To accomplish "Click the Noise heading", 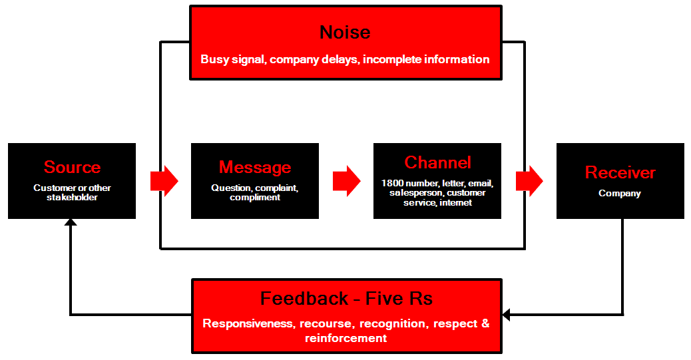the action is (x=345, y=32).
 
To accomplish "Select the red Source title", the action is (x=73, y=168).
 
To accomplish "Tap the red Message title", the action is (x=255, y=168).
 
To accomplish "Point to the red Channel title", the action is (x=437, y=162).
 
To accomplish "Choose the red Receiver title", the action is (x=620, y=173).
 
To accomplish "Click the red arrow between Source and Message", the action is (x=164, y=181).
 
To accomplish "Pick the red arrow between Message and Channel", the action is (x=346, y=181).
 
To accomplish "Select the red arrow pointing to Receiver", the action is (x=529, y=181).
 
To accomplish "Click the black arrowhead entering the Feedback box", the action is (x=506, y=315).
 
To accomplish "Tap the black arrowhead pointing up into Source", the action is (x=71, y=222).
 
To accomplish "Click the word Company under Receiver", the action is (x=620, y=194).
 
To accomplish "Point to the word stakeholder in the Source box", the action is (x=73, y=198).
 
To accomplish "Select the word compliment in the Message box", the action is (x=255, y=198).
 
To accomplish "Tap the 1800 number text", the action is (x=410, y=183).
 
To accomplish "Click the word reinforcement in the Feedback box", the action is (x=346, y=338).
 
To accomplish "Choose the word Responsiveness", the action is (x=248, y=323).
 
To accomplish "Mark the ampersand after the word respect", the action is (x=485, y=323).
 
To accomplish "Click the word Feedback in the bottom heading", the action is (x=304, y=299).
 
